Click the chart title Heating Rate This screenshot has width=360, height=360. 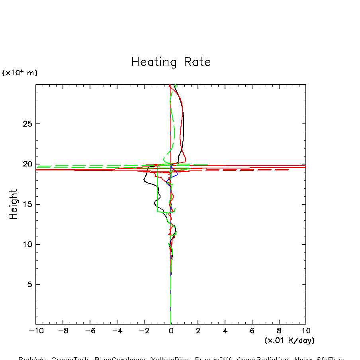(171, 62)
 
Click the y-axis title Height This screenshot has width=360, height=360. (14, 204)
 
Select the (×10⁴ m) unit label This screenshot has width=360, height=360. (20, 73)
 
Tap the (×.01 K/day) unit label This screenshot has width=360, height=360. (289, 340)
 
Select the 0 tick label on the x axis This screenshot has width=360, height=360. (171, 331)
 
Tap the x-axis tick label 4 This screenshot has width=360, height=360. (225, 331)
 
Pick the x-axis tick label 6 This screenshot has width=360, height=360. (252, 331)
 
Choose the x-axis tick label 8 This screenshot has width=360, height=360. (279, 331)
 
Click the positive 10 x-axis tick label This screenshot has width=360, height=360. (306, 331)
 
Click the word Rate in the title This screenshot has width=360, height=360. (197, 62)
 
